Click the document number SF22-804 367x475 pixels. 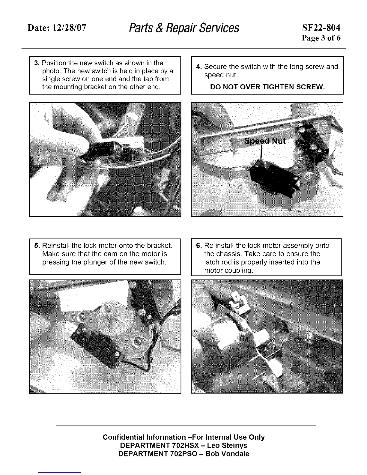coord(321,28)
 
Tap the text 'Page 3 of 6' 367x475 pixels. coord(321,38)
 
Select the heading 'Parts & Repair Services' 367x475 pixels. coord(184,28)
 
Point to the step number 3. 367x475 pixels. coord(37,63)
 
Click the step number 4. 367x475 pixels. coord(199,67)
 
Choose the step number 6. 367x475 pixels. coord(199,246)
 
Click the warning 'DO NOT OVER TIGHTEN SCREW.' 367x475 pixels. coord(267,87)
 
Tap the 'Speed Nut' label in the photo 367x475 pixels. coord(265,141)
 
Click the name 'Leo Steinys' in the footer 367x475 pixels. coord(227,445)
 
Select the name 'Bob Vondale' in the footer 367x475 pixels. coord(227,454)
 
